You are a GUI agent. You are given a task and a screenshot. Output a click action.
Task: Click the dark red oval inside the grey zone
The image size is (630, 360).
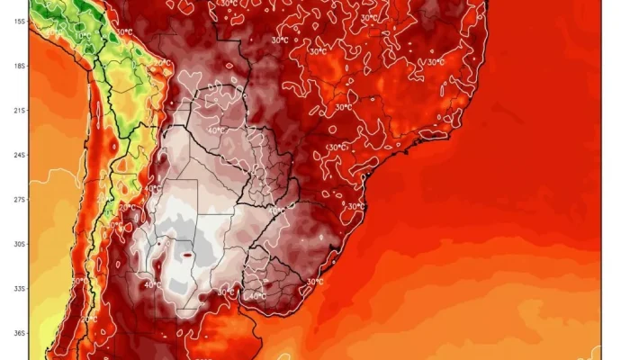(187, 255)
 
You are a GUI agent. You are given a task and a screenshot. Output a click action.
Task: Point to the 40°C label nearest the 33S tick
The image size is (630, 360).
(147, 287)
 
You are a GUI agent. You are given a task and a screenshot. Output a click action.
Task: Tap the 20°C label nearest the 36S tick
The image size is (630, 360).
(90, 319)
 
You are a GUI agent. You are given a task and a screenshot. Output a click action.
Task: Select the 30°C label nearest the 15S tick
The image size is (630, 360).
(125, 33)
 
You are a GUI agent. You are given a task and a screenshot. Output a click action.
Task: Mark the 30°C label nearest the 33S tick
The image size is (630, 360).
(79, 280)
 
